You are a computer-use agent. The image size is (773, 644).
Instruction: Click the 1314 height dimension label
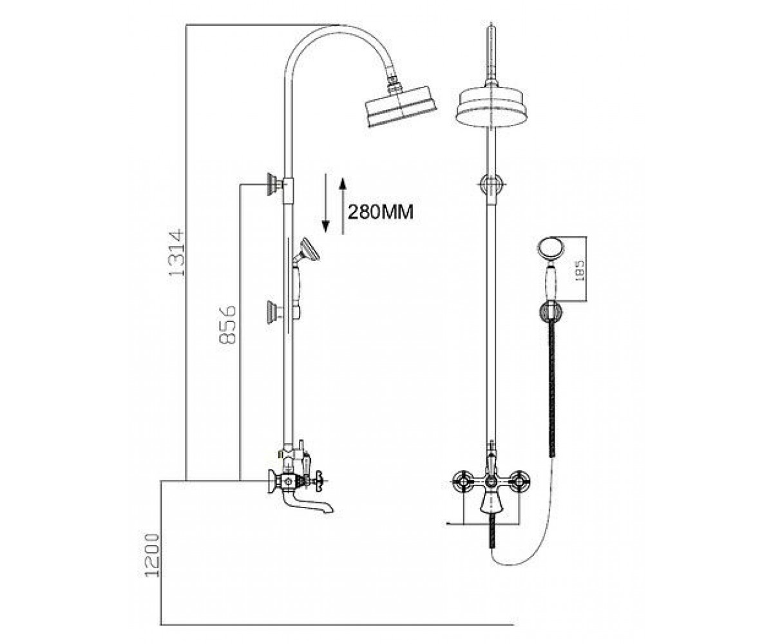(x=177, y=253)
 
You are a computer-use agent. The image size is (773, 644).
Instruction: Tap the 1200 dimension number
(x=153, y=555)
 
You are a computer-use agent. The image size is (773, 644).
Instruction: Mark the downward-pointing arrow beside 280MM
(x=325, y=203)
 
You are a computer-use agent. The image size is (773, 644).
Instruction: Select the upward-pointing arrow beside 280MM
(x=343, y=206)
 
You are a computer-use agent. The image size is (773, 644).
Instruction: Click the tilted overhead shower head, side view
(x=400, y=106)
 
